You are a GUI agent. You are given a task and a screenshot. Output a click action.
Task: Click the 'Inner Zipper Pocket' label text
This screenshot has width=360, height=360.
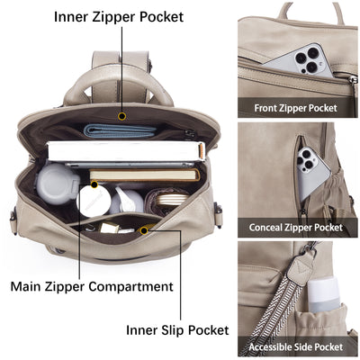tap(119, 17)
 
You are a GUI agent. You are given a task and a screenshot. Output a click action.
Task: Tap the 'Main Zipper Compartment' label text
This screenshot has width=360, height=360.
tap(92, 286)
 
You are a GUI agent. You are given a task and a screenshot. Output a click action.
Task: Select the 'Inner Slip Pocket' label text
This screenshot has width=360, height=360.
tap(177, 330)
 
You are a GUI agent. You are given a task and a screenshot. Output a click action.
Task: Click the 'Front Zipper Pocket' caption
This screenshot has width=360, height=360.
tap(296, 108)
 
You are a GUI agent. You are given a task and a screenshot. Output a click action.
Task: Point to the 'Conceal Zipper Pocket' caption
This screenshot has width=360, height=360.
tap(296, 228)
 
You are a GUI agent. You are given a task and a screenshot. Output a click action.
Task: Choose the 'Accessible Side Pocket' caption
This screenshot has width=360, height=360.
tap(296, 347)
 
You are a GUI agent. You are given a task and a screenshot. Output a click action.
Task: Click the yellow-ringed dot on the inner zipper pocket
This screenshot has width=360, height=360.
tap(121, 116)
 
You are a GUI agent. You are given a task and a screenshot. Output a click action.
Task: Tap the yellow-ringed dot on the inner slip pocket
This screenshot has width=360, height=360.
tap(144, 230)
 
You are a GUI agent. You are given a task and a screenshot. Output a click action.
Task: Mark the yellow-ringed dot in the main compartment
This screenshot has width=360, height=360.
tap(94, 184)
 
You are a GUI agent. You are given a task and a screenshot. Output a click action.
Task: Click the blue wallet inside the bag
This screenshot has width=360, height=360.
tap(121, 130)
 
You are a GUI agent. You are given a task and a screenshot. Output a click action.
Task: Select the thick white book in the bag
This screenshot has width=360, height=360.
tap(126, 151)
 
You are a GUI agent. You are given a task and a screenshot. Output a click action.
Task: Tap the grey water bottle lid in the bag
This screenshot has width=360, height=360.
tap(58, 184)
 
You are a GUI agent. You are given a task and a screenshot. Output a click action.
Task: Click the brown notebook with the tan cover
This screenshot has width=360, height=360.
tap(145, 175)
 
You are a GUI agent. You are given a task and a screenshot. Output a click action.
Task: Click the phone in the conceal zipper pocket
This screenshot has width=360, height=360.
tap(311, 172)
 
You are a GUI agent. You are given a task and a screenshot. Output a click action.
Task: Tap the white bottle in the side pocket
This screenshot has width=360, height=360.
tap(324, 295)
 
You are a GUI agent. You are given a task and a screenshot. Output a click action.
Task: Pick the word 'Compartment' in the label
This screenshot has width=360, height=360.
tap(130, 286)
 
